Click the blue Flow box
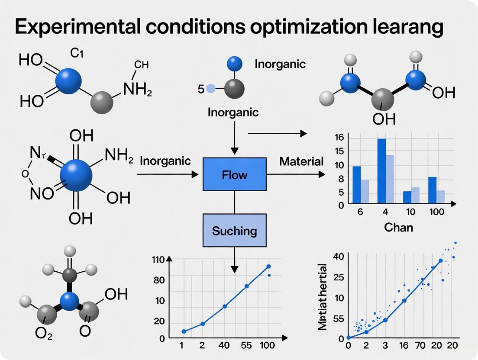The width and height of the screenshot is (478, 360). click(x=234, y=174)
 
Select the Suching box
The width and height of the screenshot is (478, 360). click(x=234, y=231)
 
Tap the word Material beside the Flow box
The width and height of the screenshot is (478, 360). click(x=301, y=162)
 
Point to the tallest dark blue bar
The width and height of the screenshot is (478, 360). click(x=381, y=170)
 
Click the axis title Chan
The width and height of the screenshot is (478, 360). click(x=398, y=227)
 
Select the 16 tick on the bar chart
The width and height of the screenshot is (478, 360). click(x=339, y=138)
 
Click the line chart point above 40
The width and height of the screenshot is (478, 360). click(x=225, y=306)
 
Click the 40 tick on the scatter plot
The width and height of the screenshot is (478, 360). click(x=338, y=256)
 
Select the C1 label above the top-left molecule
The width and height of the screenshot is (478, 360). click(x=76, y=54)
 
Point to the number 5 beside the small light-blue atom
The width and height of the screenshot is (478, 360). click(x=200, y=90)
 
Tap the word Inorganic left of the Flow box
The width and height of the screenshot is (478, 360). click(x=165, y=161)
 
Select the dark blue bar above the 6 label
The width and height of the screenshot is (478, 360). click(x=357, y=184)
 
